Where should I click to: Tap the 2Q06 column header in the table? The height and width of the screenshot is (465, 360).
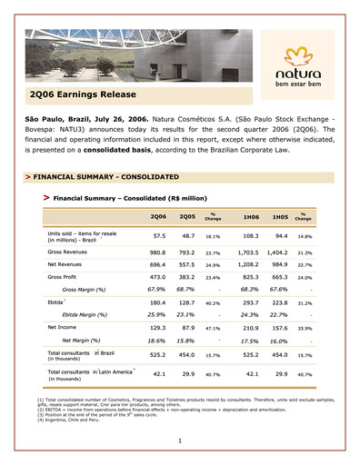pyautogui.click(x=158, y=215)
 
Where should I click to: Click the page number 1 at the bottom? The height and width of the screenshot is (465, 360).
pyautogui.click(x=181, y=440)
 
